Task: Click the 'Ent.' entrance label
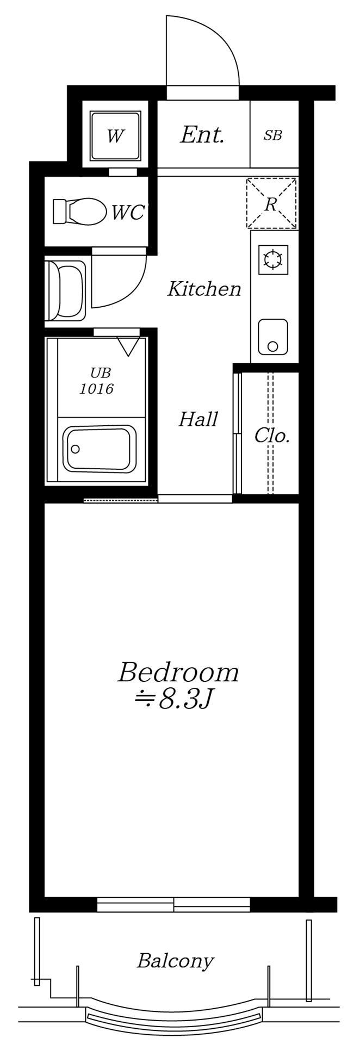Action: click(202, 135)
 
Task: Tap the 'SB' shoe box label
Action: click(273, 135)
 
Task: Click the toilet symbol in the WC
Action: click(79, 211)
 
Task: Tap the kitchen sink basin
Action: click(272, 337)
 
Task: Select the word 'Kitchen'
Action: click(204, 289)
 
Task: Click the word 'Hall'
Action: click(198, 419)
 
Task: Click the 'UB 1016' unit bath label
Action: click(97, 381)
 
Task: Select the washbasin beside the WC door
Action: click(66, 290)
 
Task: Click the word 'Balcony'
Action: click(175, 961)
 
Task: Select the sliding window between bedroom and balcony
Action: click(173, 905)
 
